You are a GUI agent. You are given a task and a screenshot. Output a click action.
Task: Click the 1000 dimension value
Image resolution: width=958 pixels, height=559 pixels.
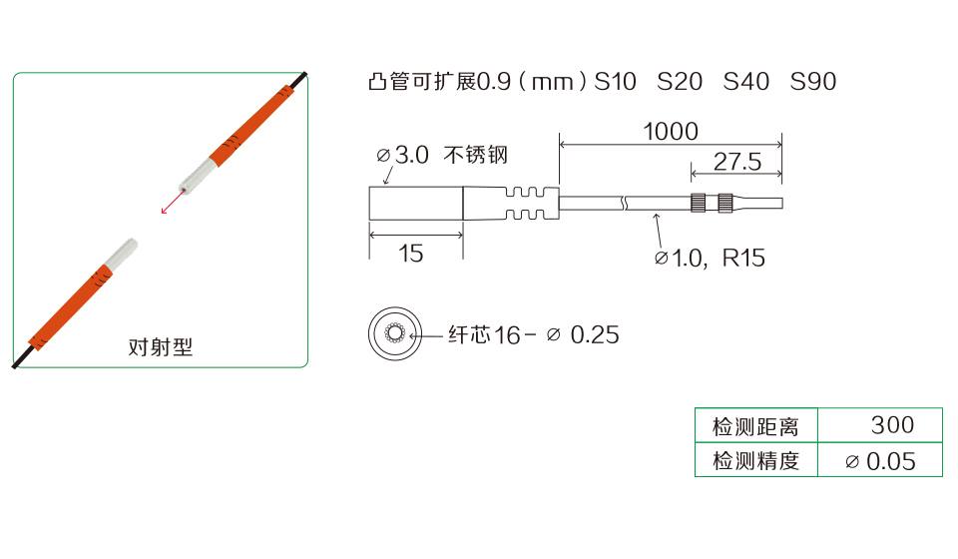[x=671, y=132]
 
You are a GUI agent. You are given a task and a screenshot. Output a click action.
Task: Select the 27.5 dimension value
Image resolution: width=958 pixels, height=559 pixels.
[x=736, y=162]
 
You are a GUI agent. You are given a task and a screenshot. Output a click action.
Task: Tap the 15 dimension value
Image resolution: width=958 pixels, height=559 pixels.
[x=410, y=254]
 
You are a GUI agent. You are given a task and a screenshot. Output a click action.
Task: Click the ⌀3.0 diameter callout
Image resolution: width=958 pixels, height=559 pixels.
[x=402, y=155]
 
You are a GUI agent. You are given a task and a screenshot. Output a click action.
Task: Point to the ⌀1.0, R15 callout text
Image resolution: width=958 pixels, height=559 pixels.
[x=710, y=259]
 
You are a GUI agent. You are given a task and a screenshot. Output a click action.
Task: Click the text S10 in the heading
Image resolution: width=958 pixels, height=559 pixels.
[x=616, y=81]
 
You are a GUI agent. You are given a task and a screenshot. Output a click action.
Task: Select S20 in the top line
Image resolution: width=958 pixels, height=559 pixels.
[x=680, y=81]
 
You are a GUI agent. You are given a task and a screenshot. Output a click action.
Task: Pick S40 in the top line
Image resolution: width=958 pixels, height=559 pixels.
[x=746, y=81]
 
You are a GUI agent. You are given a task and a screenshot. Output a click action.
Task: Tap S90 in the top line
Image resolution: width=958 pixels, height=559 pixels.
[x=812, y=81]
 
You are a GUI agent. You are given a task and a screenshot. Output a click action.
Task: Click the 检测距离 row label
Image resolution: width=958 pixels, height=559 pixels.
[x=755, y=426]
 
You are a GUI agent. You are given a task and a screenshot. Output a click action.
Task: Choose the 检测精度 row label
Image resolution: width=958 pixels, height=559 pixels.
[x=755, y=461]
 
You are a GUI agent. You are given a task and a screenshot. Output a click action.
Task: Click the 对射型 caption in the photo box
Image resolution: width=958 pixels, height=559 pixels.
[x=160, y=347]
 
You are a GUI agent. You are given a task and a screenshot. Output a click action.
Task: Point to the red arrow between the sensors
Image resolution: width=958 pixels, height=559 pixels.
[x=173, y=202]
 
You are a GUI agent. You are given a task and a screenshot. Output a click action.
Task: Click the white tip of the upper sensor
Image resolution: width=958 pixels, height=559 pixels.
[x=198, y=176]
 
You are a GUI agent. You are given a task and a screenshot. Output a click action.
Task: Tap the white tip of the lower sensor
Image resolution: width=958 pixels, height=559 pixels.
[x=121, y=255]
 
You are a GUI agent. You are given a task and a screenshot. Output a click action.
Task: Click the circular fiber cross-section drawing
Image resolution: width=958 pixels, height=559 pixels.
[x=395, y=333]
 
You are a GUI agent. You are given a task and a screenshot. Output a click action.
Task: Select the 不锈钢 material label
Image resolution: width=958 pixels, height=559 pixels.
[x=476, y=155]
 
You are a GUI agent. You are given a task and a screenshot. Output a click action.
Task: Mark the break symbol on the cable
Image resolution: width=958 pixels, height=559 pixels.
[x=624, y=203]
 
